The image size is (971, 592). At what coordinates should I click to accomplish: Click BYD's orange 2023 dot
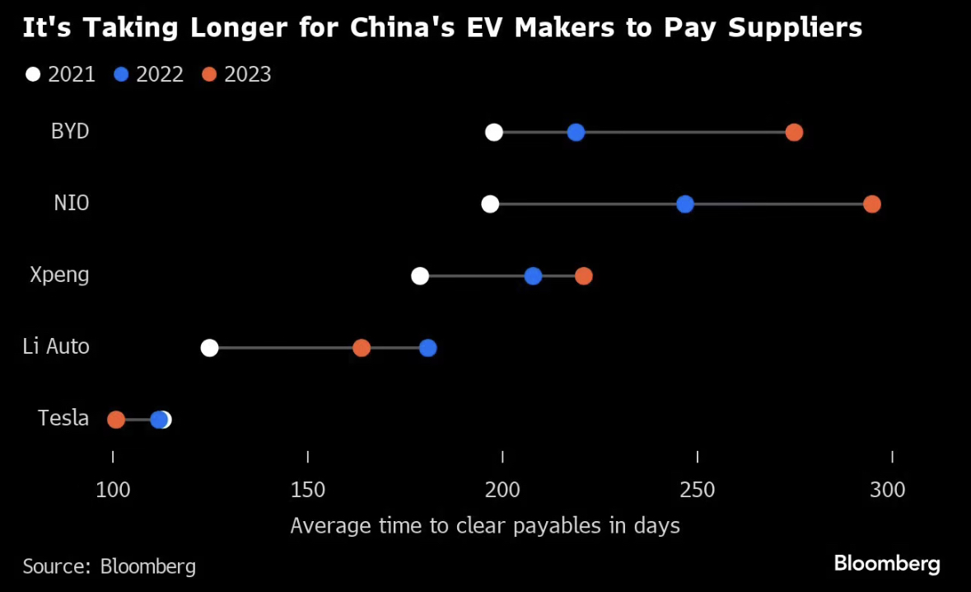(794, 133)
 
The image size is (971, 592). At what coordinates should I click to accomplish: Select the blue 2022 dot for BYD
(576, 133)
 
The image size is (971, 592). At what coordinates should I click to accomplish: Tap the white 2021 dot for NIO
(490, 204)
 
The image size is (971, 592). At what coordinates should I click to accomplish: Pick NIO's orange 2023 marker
(871, 204)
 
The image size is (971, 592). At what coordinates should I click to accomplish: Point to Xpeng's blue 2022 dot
(533, 275)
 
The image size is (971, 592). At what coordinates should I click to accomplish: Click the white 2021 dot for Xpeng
(420, 275)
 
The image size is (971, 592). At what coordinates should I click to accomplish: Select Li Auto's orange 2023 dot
(362, 348)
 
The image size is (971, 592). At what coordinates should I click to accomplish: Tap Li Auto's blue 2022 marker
(427, 348)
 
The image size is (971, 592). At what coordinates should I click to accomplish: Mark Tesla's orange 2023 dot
(116, 420)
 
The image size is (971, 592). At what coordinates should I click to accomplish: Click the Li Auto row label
(56, 346)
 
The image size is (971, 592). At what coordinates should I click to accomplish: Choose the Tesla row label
(63, 418)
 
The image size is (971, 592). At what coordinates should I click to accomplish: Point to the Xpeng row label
(59, 275)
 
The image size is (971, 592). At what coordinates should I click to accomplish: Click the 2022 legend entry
(149, 74)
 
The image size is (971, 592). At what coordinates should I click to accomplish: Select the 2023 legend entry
(237, 74)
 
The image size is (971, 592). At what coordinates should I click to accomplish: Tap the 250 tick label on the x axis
(698, 490)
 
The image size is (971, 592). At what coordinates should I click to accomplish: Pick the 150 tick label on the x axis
(308, 490)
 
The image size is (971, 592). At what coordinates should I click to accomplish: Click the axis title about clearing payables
(485, 525)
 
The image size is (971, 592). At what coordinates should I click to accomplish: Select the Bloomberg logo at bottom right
(886, 564)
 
